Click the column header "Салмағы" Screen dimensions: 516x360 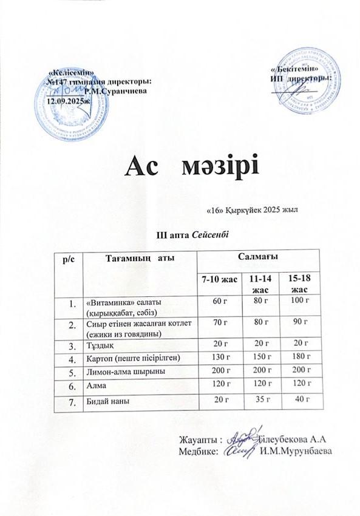[x=257, y=258]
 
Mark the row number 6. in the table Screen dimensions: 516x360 [x=72, y=384]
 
